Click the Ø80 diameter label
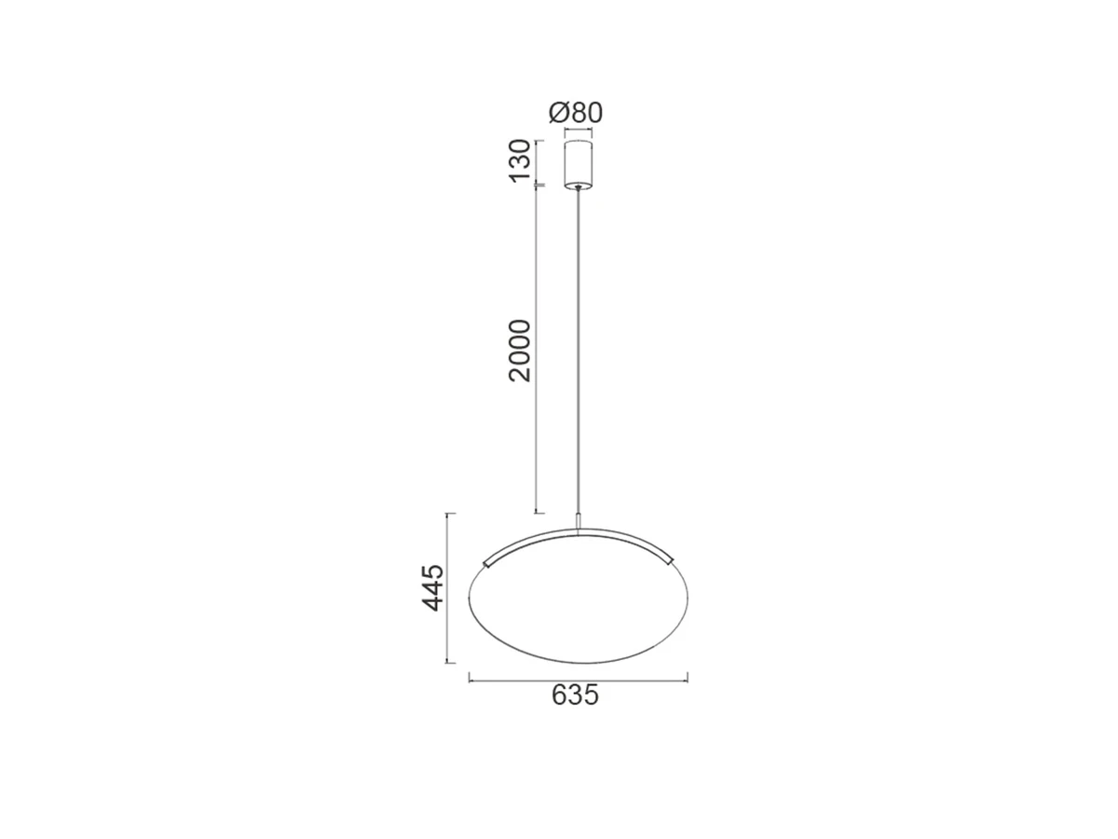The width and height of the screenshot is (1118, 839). click(576, 113)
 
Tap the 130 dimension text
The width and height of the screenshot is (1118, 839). click(520, 160)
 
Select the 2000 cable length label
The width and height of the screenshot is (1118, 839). click(520, 351)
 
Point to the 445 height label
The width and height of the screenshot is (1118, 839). click(433, 587)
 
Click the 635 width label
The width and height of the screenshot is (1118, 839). click(575, 695)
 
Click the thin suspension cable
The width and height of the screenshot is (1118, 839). click(578, 351)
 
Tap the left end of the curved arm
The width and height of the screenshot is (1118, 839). click(484, 562)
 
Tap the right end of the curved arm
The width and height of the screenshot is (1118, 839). click(670, 560)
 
